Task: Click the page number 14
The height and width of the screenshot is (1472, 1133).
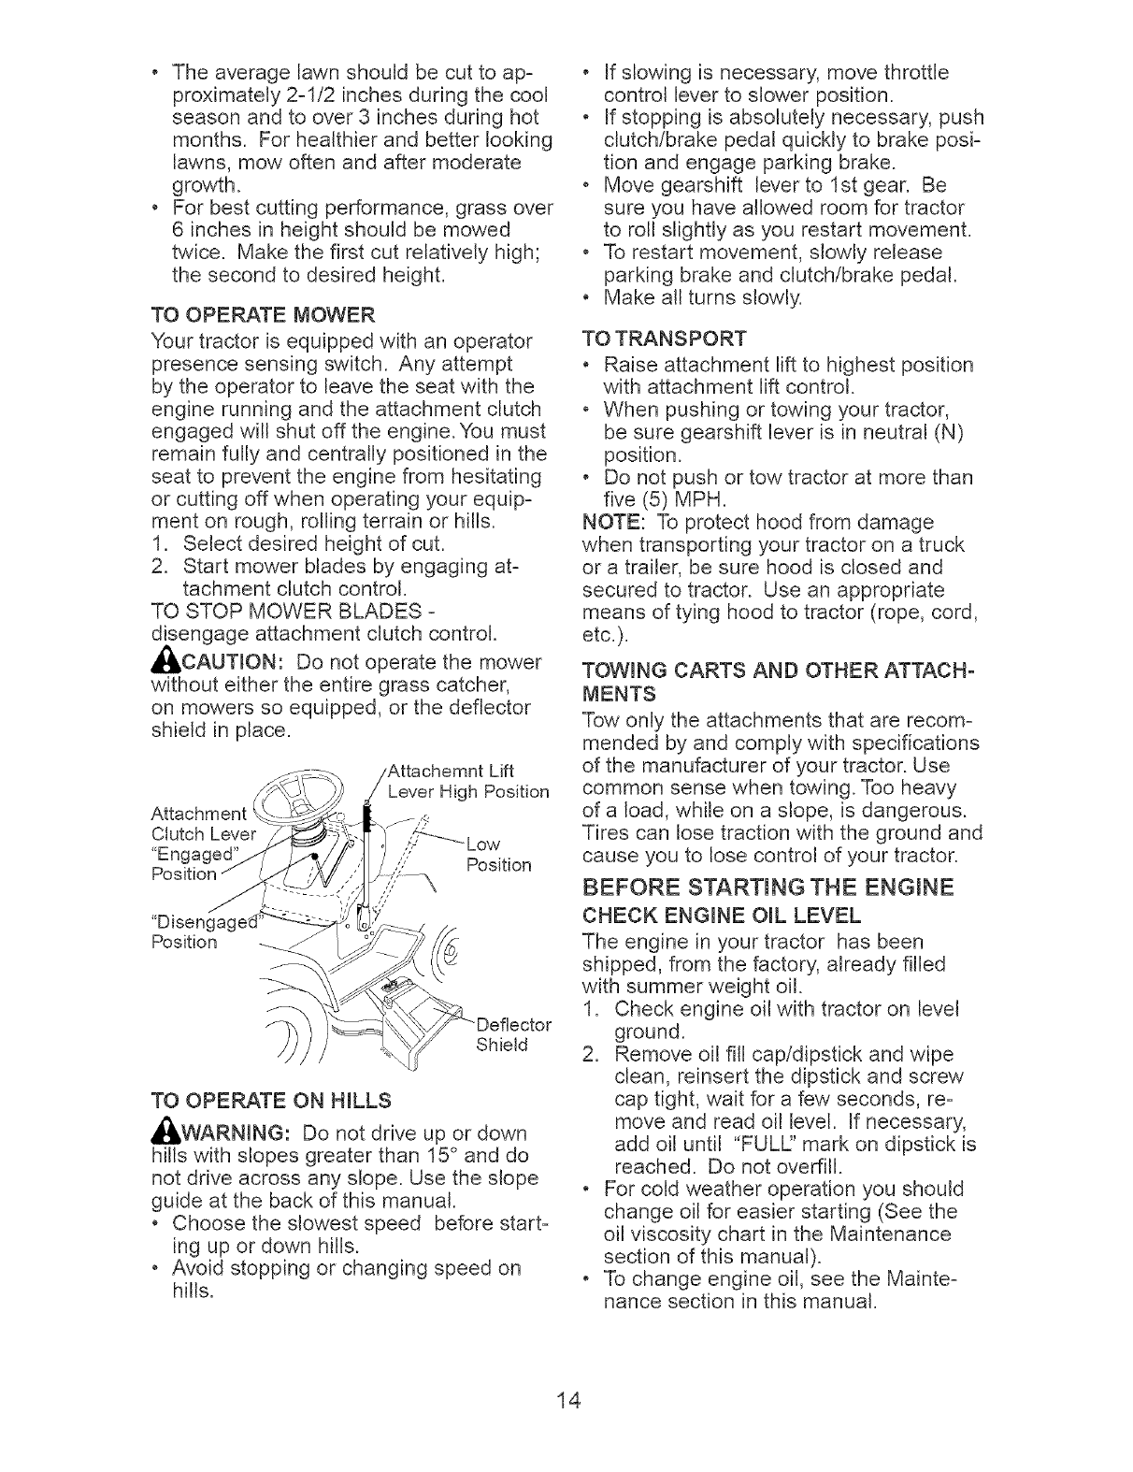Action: pyautogui.click(x=567, y=1400)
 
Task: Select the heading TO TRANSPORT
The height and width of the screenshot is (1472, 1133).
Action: pyautogui.click(x=664, y=337)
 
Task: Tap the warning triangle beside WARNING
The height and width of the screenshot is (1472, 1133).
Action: pyautogui.click(x=159, y=1131)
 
